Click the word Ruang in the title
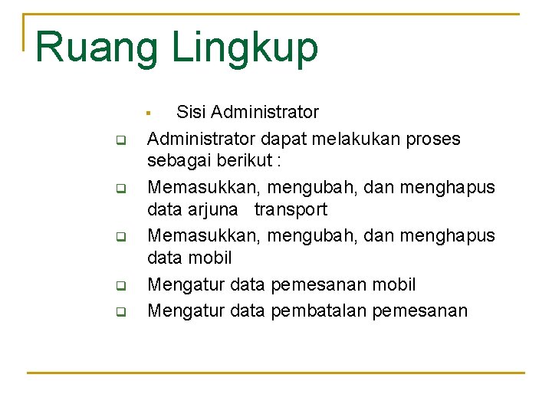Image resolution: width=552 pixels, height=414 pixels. coord(97,48)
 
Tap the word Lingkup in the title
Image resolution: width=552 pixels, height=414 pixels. coord(245,48)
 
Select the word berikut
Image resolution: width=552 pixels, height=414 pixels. coord(245,161)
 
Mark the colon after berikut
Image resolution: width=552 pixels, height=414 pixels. coord(279,162)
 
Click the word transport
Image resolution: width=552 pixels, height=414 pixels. coord(291,209)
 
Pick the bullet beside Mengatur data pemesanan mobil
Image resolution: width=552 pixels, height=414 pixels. coord(120,287)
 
